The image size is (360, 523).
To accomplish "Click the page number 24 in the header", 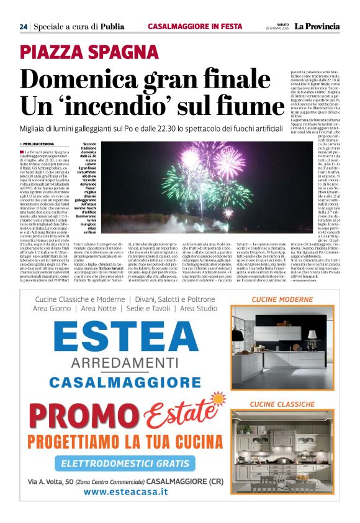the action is click(x=23, y=27).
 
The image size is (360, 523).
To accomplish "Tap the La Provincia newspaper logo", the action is click(x=317, y=26).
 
